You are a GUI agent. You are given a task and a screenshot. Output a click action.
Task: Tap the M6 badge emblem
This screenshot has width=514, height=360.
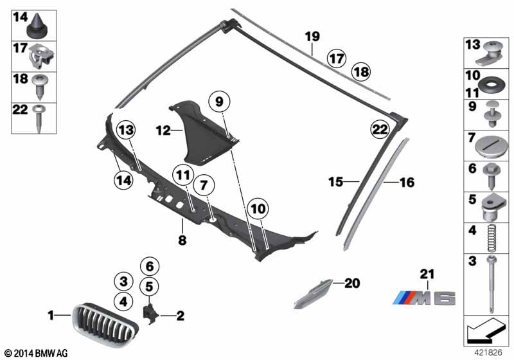(424, 298)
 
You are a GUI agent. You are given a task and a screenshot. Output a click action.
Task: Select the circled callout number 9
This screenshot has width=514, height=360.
(219, 102)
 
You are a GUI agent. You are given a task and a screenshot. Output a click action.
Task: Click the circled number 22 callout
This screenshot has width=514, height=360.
(380, 129)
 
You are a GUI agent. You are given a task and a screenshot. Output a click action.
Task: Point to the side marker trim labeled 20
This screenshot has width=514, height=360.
(313, 293)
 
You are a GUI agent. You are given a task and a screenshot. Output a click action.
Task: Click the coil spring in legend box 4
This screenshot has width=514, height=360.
(492, 239)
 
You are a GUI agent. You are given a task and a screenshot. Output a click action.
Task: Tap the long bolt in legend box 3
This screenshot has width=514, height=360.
(492, 284)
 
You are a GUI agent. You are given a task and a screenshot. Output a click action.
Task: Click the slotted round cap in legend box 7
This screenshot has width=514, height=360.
(492, 147)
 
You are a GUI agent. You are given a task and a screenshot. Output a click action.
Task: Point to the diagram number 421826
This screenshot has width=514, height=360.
(488, 352)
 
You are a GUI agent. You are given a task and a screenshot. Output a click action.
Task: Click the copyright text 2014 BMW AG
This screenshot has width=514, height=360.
(37, 353)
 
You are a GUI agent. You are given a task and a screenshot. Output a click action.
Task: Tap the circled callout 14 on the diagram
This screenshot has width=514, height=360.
(123, 180)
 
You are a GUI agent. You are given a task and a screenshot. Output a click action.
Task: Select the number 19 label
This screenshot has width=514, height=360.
(312, 37)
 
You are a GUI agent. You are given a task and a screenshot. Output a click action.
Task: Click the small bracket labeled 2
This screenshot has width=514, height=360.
(151, 314)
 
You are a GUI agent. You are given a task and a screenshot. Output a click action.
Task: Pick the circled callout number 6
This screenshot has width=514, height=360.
(150, 266)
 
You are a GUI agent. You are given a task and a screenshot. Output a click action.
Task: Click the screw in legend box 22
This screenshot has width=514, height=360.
(39, 118)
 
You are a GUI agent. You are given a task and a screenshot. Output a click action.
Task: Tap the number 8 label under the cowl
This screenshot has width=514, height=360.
(182, 240)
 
